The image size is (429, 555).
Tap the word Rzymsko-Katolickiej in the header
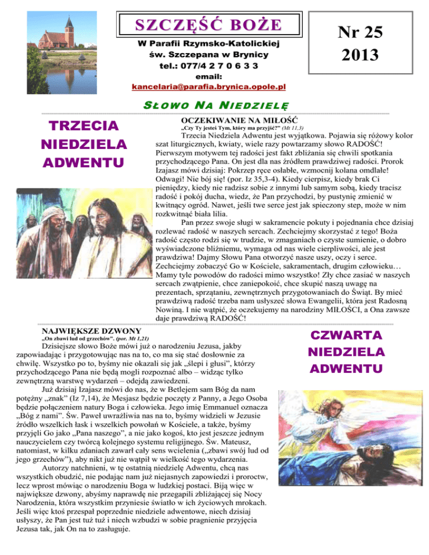pyautogui.click(x=246, y=43)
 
